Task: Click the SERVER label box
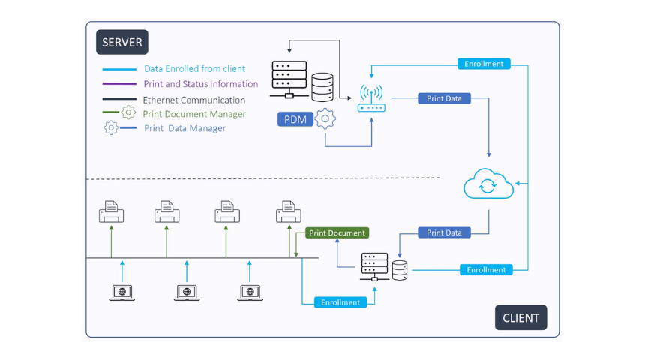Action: (121, 43)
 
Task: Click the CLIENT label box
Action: (520, 317)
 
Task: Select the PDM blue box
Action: (295, 119)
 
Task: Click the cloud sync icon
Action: (488, 185)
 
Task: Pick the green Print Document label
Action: (337, 233)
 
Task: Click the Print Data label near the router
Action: (444, 98)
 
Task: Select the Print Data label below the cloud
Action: (444, 233)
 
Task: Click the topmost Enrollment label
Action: (484, 64)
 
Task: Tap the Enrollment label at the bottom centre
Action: (340, 302)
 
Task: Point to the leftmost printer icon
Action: (112, 212)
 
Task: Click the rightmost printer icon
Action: (289, 212)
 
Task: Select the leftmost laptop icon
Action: (122, 292)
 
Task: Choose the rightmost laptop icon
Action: (250, 292)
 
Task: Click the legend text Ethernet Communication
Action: (193, 100)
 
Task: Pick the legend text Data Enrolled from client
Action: (194, 69)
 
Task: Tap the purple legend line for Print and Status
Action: (119, 84)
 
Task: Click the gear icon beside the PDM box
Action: (325, 118)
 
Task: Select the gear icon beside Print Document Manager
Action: (128, 113)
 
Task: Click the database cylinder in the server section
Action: (322, 87)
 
